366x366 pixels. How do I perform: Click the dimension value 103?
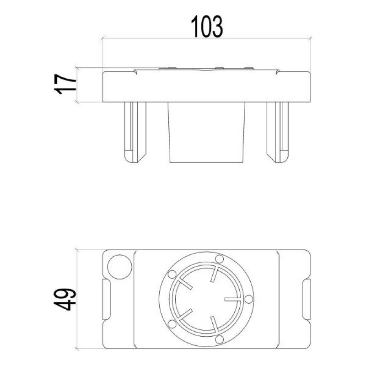207,26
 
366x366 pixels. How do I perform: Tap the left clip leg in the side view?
135,131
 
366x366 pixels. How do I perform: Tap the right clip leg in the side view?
278,131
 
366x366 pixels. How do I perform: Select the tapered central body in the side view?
207,133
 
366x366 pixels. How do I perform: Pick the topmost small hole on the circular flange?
219,259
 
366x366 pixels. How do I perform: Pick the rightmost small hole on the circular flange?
248,299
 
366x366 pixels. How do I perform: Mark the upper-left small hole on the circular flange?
172,274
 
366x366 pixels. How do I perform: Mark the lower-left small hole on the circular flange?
172,323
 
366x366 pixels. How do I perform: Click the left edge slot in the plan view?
106,300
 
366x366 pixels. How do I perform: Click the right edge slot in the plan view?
306,300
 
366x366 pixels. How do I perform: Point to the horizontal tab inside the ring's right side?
233,299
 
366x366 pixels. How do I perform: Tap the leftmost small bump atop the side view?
169,69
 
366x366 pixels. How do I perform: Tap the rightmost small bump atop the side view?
248,69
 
